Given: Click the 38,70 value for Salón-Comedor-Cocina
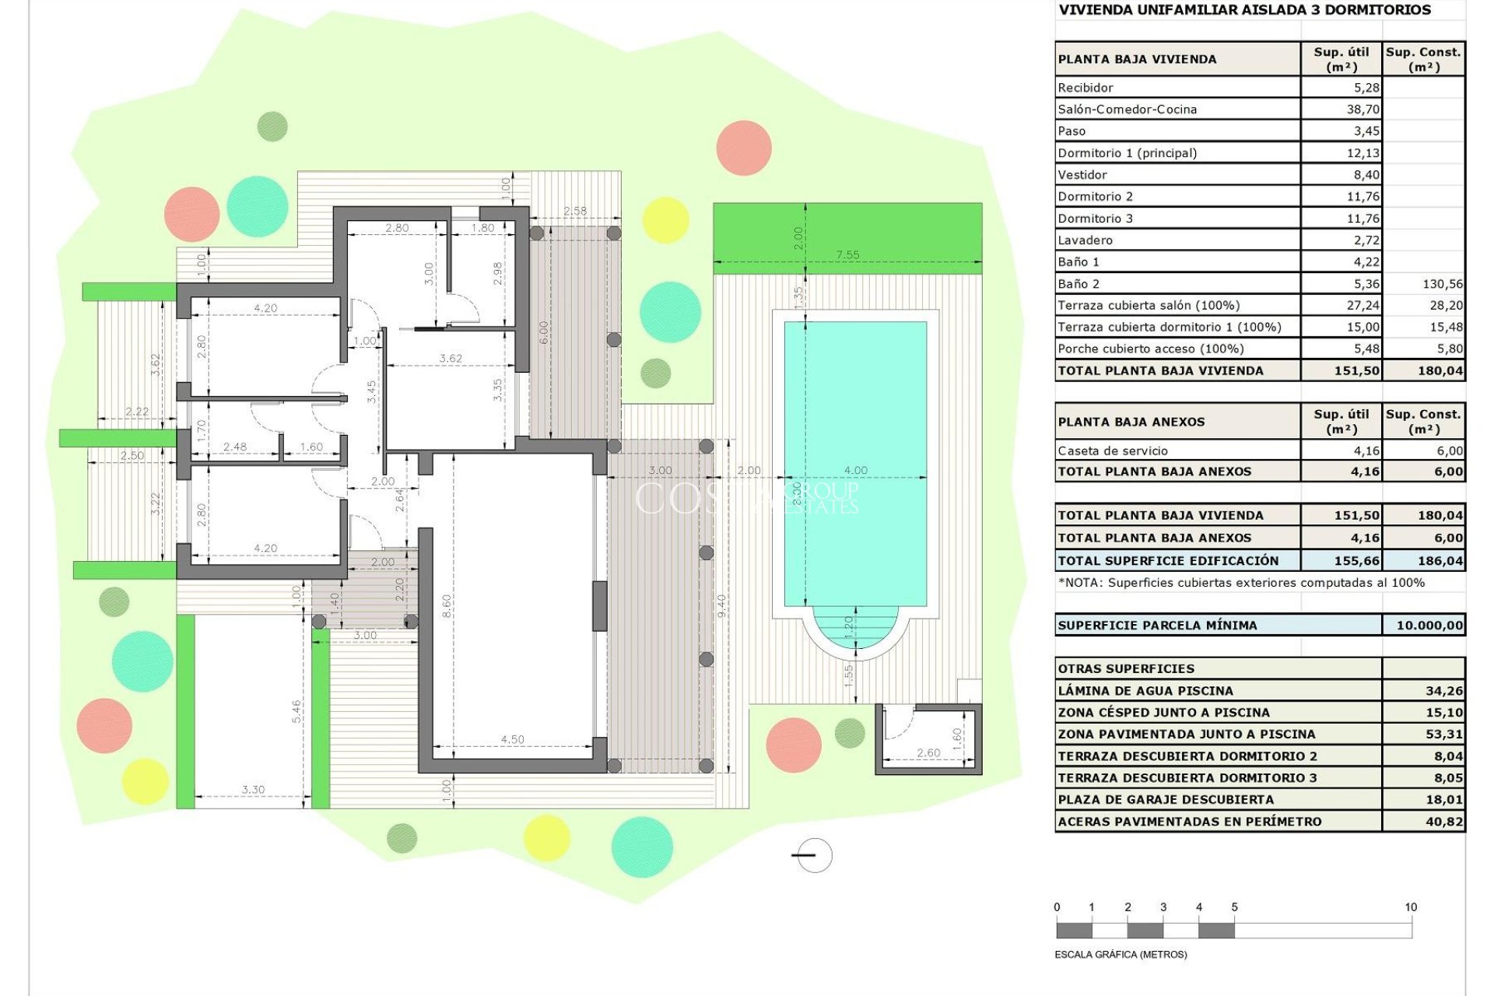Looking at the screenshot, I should pyautogui.click(x=1362, y=110).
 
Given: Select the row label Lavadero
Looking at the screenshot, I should pyautogui.click(x=1085, y=240).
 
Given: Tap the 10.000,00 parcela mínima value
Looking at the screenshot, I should pyautogui.click(x=1429, y=625).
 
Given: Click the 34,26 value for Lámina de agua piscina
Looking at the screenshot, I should pyautogui.click(x=1444, y=691).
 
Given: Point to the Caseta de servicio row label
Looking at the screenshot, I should pyautogui.click(x=1112, y=451).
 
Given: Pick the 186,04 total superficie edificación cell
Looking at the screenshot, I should pyautogui.click(x=1440, y=560).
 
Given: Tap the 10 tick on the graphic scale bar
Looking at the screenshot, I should pyautogui.click(x=1411, y=907).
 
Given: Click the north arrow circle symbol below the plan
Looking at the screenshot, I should pyautogui.click(x=814, y=855).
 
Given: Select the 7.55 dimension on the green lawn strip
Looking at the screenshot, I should pyautogui.click(x=847, y=254).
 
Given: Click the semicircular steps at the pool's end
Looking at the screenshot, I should pyautogui.click(x=855, y=629).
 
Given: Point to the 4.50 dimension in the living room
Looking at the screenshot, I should pyautogui.click(x=512, y=739).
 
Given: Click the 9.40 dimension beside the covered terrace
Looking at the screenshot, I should pyautogui.click(x=721, y=605).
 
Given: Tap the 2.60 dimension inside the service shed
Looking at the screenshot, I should pyautogui.click(x=928, y=752).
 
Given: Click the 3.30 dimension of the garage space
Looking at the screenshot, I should pyautogui.click(x=253, y=789).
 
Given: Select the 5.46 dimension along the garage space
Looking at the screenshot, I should pyautogui.click(x=296, y=710).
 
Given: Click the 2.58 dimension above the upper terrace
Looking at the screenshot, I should pyautogui.click(x=575, y=211).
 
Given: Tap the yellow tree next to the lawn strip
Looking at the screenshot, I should pyautogui.click(x=665, y=219).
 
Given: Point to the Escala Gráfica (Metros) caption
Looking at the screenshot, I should pyautogui.click(x=1120, y=954).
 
